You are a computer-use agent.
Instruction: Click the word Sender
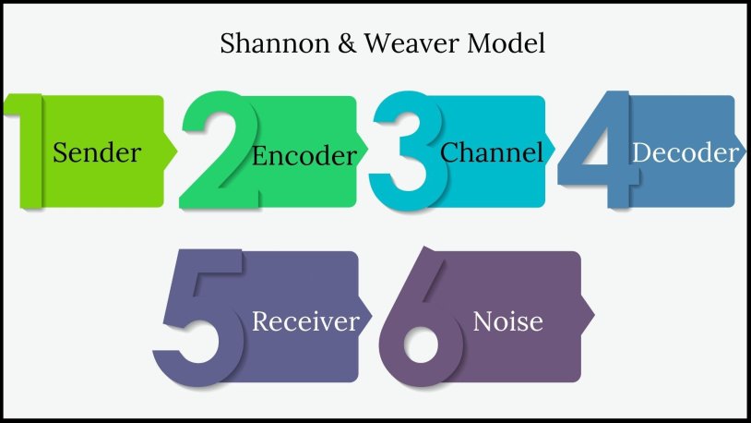coord(97,152)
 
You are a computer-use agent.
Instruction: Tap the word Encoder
coord(304,155)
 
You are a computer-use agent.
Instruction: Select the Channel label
coord(492,152)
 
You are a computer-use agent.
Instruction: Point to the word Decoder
coord(685,152)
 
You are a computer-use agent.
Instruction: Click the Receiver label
coord(304,321)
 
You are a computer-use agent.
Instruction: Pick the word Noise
coord(507,321)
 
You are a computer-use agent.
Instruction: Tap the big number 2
coord(218,152)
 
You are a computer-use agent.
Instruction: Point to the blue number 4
coord(595,148)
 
